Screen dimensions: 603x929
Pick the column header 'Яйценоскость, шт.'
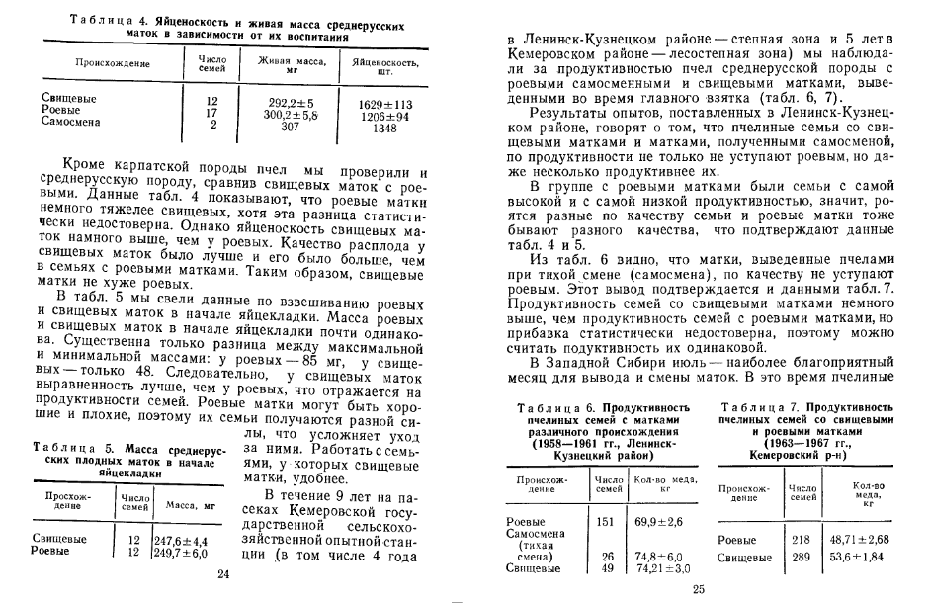point(377,65)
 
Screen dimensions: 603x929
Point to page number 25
point(698,589)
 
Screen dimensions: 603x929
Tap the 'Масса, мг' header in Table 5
point(184,504)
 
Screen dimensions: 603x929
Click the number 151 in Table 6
point(608,521)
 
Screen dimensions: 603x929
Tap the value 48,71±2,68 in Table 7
point(861,540)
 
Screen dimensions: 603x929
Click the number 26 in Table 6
point(608,557)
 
